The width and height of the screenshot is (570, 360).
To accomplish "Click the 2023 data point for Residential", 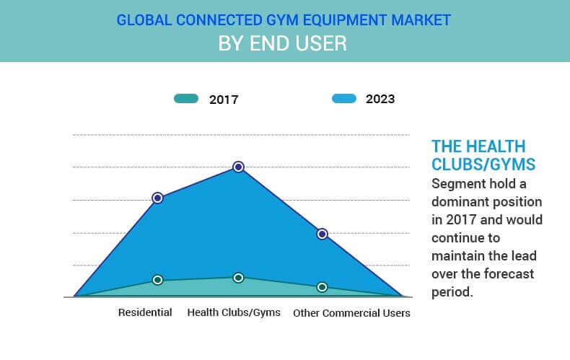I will (157, 198).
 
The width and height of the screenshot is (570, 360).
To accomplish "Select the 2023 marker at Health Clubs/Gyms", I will (238, 167).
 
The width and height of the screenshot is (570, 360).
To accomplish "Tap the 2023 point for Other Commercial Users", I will (323, 234).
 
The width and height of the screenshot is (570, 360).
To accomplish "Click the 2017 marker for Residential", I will (158, 280).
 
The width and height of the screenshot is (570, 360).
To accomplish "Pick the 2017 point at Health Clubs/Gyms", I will (238, 278).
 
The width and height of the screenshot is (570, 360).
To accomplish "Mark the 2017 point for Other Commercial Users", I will (323, 287).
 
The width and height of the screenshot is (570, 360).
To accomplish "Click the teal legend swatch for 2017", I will (185, 99).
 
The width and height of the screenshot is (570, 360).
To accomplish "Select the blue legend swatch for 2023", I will (343, 99).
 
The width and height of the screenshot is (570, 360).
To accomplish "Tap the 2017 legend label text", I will (224, 100).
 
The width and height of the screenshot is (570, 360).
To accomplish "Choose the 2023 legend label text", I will (380, 100).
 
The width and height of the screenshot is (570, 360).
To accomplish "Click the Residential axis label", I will (145, 312).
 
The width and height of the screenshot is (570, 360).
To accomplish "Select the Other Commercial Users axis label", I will (351, 312).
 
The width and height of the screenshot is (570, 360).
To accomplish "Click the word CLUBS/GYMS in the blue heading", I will (483, 164).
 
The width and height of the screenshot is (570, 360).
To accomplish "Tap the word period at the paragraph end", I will (452, 291).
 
